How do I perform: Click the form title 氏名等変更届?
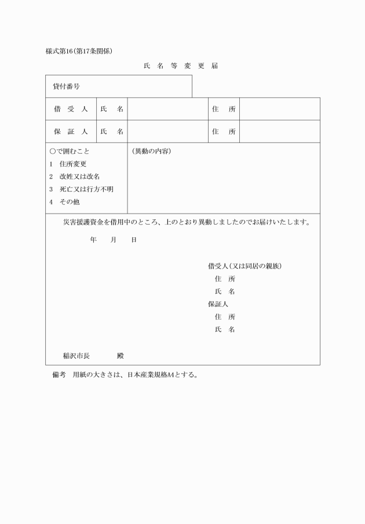(x=180, y=66)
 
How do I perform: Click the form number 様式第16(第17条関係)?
(x=79, y=50)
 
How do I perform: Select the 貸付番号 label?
(x=66, y=86)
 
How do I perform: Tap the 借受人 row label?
(x=71, y=109)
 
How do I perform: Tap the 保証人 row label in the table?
(x=71, y=132)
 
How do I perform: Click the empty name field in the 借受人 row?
(x=167, y=109)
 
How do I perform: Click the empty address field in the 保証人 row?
(x=279, y=132)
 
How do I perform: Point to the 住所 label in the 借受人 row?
(x=224, y=109)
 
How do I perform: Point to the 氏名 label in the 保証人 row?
(x=112, y=132)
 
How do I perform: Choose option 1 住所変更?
(x=68, y=164)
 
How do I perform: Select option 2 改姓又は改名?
(x=75, y=176)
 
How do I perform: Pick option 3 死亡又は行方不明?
(x=81, y=189)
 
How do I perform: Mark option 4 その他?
(x=64, y=202)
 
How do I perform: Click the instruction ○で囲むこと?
(x=70, y=151)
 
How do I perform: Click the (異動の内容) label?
(x=151, y=151)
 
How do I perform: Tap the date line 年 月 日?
(x=113, y=240)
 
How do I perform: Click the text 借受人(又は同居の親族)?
(x=244, y=266)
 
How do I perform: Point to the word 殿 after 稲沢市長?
(x=120, y=356)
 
